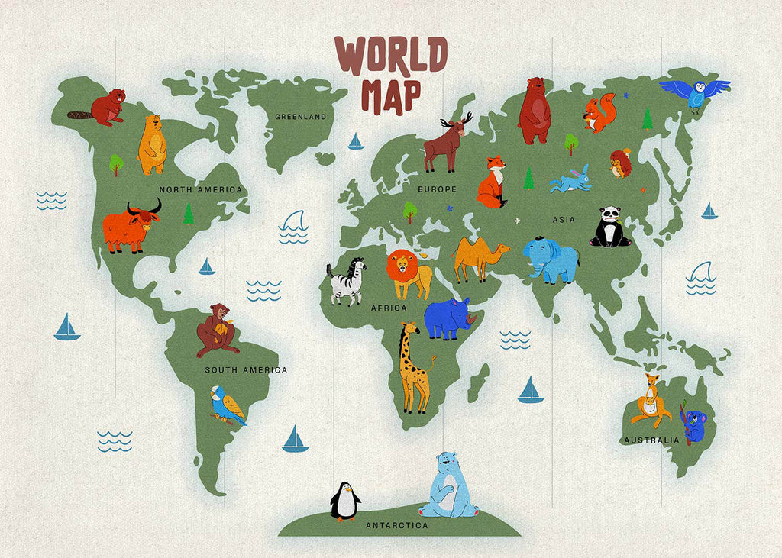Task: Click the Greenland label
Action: [300, 117]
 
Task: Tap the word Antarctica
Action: [396, 526]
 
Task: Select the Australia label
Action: [651, 440]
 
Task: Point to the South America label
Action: [246, 370]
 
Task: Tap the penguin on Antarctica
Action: [345, 502]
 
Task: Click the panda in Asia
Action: [609, 227]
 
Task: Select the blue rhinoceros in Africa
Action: [449, 318]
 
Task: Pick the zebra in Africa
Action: [347, 282]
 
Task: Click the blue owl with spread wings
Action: [695, 92]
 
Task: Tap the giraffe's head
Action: [410, 331]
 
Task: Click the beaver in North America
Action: [105, 108]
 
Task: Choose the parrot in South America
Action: [228, 405]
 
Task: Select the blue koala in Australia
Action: [694, 424]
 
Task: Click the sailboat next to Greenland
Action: [355, 142]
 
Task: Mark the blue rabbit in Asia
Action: [573, 179]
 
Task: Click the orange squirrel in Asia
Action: [599, 114]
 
